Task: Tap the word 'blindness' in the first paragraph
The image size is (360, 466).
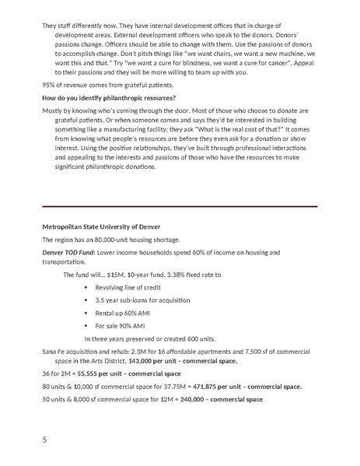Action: pos(223,62)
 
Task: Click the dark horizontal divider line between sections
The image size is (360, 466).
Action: pos(180,206)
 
